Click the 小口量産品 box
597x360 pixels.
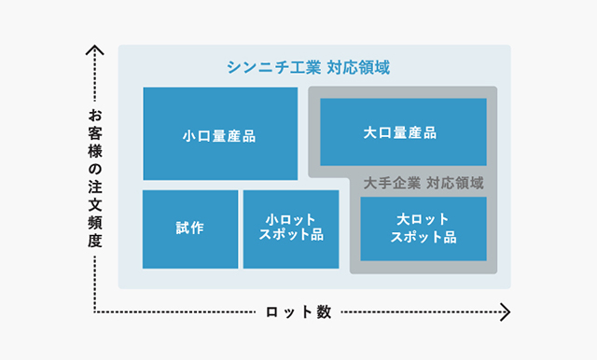pos(219,133)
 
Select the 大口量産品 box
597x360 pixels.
pos(403,132)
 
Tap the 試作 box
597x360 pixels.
pos(189,228)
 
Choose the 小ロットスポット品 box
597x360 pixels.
pos(290,228)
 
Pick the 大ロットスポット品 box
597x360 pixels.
pos(423,228)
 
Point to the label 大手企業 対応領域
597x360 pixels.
pos(423,183)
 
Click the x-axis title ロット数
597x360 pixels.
pos(298,312)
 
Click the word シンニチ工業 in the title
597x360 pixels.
pos(274,67)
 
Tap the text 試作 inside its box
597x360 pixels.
pos(189,228)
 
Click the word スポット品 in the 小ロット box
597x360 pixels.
pos(290,237)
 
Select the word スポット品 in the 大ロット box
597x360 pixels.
pos(423,238)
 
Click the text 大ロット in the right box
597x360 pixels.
pos(423,220)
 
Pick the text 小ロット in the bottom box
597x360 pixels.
pos(290,220)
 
